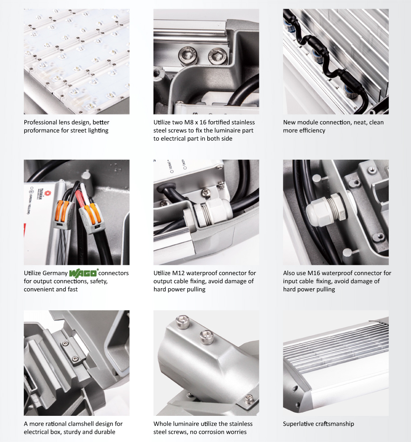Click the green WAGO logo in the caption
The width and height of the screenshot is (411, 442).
[83, 273]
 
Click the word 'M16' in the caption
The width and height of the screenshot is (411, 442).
[315, 273]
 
